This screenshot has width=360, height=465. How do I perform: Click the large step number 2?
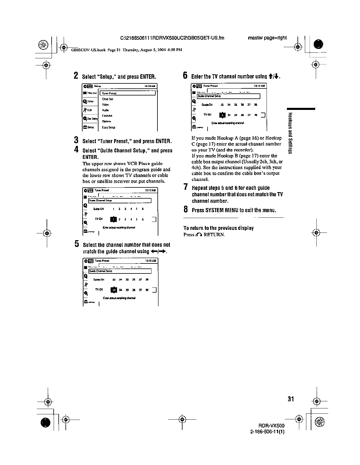pyautogui.click(x=76, y=76)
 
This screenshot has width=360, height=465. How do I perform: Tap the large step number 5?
pyautogui.click(x=77, y=244)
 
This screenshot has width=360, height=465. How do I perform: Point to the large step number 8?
pyautogui.click(x=185, y=210)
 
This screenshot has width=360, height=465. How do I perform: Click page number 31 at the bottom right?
pyautogui.click(x=291, y=399)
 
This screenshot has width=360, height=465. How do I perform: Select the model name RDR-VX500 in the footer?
pyautogui.click(x=271, y=426)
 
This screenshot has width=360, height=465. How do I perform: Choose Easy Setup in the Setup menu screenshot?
pyautogui.click(x=109, y=127)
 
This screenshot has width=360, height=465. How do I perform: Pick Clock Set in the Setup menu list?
pyautogui.click(x=107, y=99)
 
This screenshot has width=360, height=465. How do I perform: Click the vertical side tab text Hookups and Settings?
pyautogui.click(x=290, y=133)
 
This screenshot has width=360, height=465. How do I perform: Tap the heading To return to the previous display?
pyautogui.click(x=218, y=228)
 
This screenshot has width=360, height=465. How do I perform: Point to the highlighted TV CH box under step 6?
pyautogui.click(x=223, y=115)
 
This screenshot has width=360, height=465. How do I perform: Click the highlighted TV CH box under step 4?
pyautogui.click(x=113, y=219)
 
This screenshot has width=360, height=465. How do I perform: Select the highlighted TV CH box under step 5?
pyautogui.click(x=114, y=290)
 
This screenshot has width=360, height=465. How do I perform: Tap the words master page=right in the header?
pyautogui.click(x=267, y=38)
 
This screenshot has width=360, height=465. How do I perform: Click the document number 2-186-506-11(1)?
pyautogui.click(x=267, y=432)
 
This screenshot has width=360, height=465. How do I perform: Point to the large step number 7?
pyautogui.click(x=185, y=187)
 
